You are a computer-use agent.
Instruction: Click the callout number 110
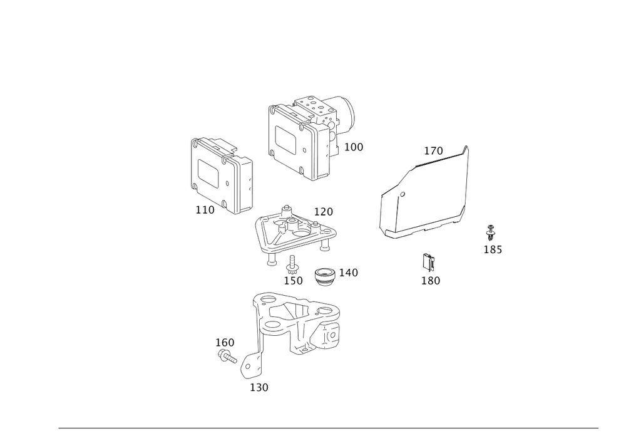[204, 211]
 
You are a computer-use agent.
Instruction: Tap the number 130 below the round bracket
[260, 388]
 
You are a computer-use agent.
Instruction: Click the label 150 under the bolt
[293, 281]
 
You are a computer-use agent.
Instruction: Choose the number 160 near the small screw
[225, 342]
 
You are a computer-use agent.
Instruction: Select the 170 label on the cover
[433, 151]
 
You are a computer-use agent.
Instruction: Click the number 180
[431, 280]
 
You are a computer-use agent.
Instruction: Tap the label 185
[493, 249]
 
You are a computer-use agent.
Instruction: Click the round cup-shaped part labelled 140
[324, 276]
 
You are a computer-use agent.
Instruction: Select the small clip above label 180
[428, 259]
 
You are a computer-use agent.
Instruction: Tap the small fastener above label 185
[491, 230]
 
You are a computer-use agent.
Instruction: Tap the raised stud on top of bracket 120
[286, 207]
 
